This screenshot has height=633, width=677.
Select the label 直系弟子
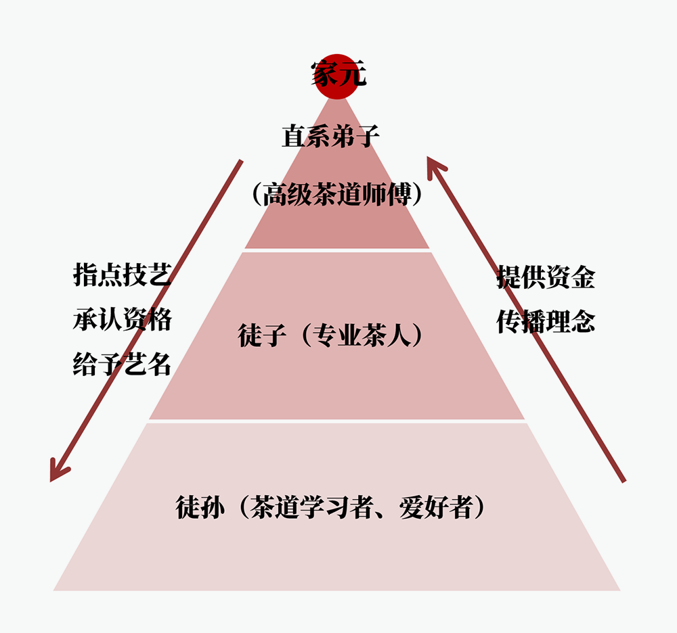330,137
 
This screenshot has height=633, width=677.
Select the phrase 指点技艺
122,276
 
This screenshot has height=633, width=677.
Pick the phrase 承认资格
122,320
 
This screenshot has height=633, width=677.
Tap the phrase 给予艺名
122,365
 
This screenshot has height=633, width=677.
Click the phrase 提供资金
546,276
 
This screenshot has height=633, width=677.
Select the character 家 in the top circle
324,74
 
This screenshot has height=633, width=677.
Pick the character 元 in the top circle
352,74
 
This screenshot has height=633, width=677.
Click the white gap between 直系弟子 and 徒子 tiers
337,250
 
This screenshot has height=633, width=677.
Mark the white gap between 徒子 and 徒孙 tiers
337,421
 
